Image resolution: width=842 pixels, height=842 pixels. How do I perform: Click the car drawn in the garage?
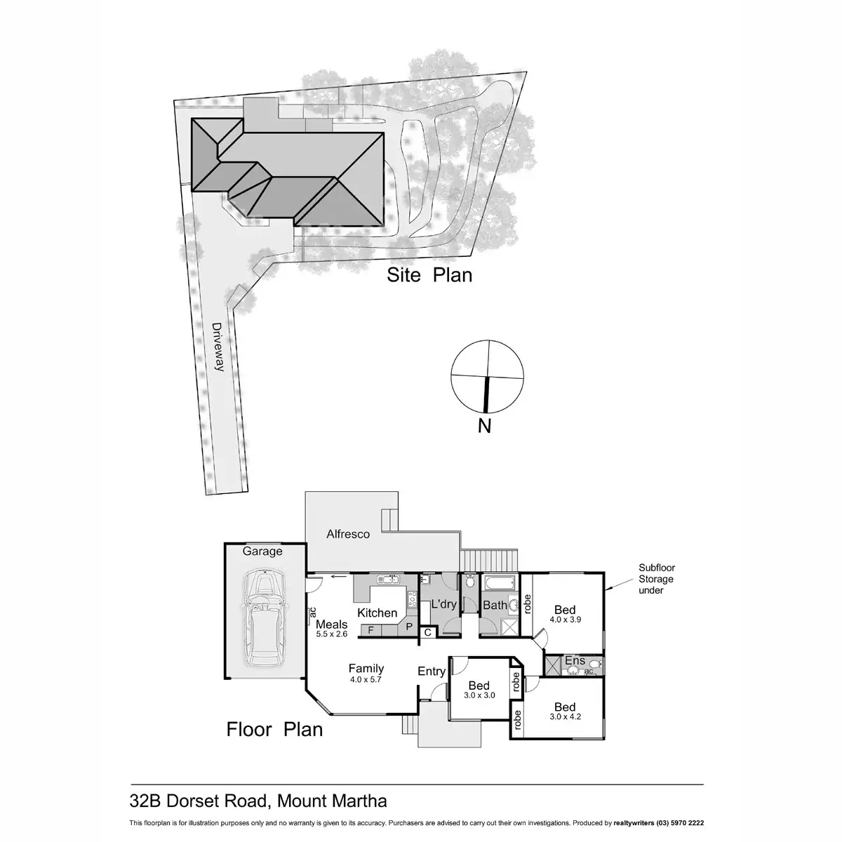pos(262,618)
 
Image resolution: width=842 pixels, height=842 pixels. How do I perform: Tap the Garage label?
pos(262,552)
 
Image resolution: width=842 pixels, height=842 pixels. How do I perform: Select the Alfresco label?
pos(348,534)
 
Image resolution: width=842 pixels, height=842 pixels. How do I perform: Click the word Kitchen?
pos(377,613)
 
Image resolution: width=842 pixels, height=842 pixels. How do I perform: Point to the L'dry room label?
pos(443,604)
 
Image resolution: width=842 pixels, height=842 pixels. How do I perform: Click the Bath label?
pos(495,605)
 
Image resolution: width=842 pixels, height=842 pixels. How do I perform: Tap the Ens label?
pos(575,660)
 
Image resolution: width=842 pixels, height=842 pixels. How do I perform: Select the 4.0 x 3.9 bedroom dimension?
pos(566,620)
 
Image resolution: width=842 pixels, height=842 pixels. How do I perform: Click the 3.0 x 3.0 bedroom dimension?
pos(480,695)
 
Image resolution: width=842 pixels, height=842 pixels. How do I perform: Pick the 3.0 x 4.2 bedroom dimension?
pos(565,717)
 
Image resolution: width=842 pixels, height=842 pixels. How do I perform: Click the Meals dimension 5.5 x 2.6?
pos(332,634)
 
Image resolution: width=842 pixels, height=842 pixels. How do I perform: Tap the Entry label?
pos(432,671)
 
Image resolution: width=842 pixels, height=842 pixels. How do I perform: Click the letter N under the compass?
pos(484,425)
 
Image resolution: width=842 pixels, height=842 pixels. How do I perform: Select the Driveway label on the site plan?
pos(217,347)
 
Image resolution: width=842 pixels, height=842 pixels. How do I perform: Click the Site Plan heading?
pos(429,275)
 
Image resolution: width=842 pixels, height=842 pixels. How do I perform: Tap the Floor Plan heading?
pos(274,729)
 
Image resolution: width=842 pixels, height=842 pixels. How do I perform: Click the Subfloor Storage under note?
pos(655,579)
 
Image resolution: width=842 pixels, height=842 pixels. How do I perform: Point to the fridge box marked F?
pos(371,630)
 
